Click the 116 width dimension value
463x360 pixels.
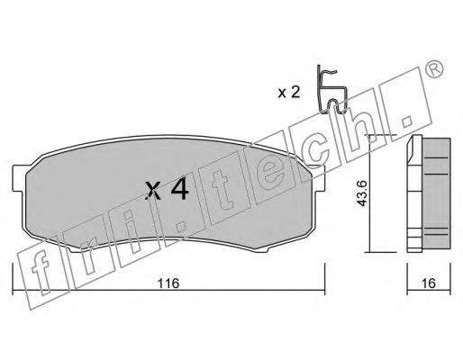click(168, 283)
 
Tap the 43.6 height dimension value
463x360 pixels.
click(361, 193)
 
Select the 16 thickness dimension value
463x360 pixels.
click(429, 283)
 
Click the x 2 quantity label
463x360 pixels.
click(289, 93)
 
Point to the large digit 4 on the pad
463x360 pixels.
click(179, 190)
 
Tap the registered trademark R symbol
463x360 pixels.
click(435, 70)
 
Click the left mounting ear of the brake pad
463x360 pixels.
click(19, 177)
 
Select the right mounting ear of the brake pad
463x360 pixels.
click(319, 177)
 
